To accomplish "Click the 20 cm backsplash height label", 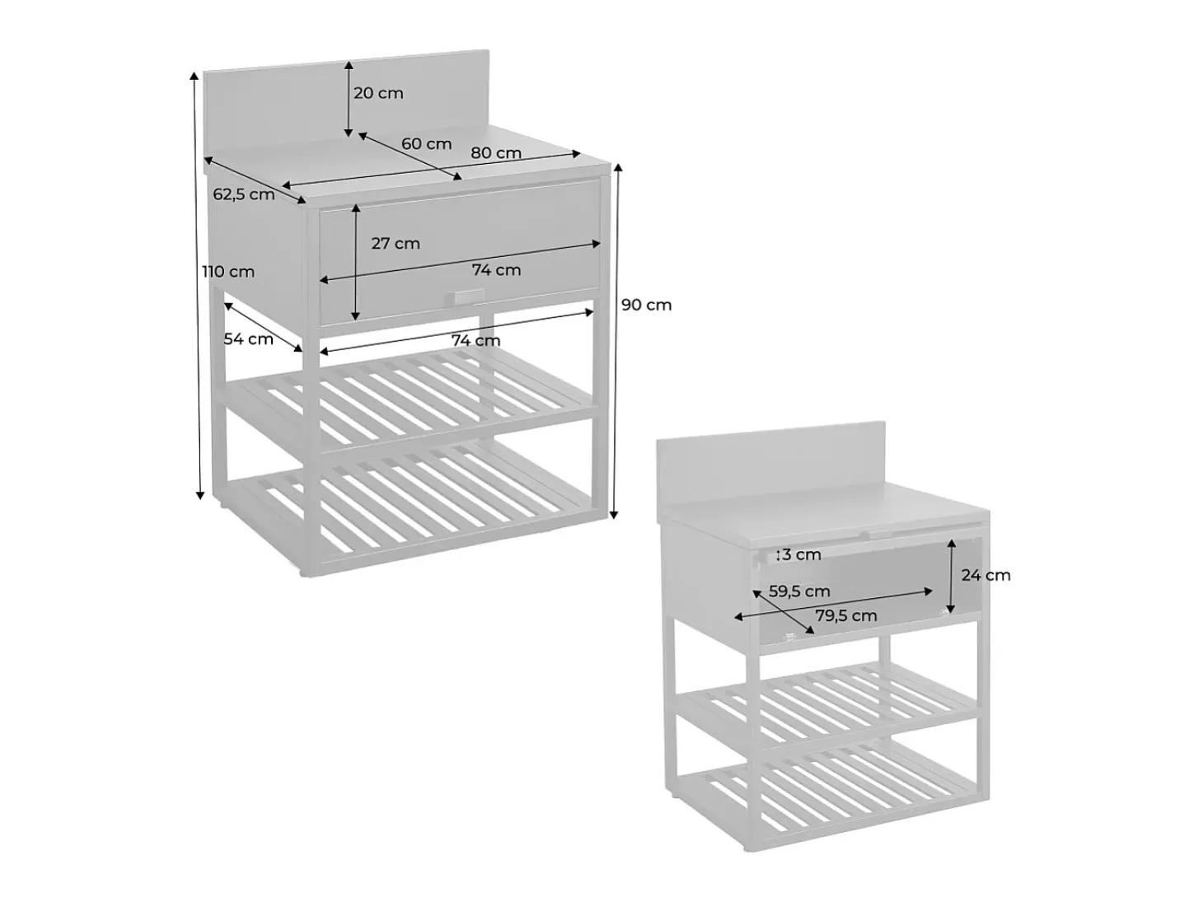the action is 378,93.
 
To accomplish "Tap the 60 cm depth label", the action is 426,144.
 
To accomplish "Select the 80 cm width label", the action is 496,153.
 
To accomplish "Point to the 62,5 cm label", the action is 244,194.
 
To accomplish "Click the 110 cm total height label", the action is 228,272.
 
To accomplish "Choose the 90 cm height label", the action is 646,305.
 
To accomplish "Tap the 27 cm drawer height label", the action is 396,243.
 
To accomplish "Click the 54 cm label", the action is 248,339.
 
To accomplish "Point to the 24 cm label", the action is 986,575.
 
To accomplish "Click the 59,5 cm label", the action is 799,591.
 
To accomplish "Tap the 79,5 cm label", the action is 846,615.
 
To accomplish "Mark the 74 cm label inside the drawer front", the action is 497,270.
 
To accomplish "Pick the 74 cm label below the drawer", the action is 475,341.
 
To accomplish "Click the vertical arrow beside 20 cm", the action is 349,99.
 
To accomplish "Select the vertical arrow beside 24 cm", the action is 952,576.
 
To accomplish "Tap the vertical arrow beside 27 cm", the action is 356,262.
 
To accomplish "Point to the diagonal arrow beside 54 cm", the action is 263,327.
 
